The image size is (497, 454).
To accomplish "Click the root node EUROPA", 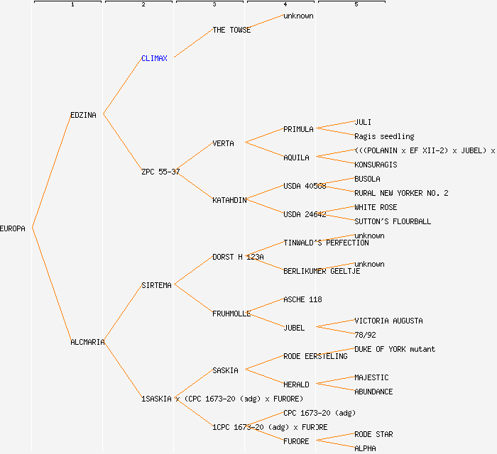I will point(13,228).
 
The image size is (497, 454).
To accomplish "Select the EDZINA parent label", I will point(83,115).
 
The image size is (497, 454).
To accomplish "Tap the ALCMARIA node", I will point(87,342).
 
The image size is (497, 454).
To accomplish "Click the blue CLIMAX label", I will point(154,58).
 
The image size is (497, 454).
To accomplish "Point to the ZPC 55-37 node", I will point(160,172).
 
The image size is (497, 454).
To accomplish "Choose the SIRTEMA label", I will point(156,285).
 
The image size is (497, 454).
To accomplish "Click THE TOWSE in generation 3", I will point(231,30).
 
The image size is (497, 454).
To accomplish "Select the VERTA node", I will point(223,143).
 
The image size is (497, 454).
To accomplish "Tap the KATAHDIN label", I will point(229,200).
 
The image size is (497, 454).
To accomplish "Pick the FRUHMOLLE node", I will point(231,314).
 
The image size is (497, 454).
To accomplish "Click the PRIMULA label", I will point(298,129).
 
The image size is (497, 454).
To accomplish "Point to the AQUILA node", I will point(296,157).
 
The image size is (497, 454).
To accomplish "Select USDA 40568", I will point(305,186).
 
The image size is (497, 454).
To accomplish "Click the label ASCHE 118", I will point(302,299).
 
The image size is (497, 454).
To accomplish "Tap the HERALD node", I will point(296,384).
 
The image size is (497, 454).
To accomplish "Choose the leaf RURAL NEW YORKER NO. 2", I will point(401,193).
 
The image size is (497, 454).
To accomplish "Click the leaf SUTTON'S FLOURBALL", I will point(393,221).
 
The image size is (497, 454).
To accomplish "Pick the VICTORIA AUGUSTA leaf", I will point(388,321).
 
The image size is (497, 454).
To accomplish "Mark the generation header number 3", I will point(214,5).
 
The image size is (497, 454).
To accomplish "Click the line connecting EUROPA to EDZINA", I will point(51,171).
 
